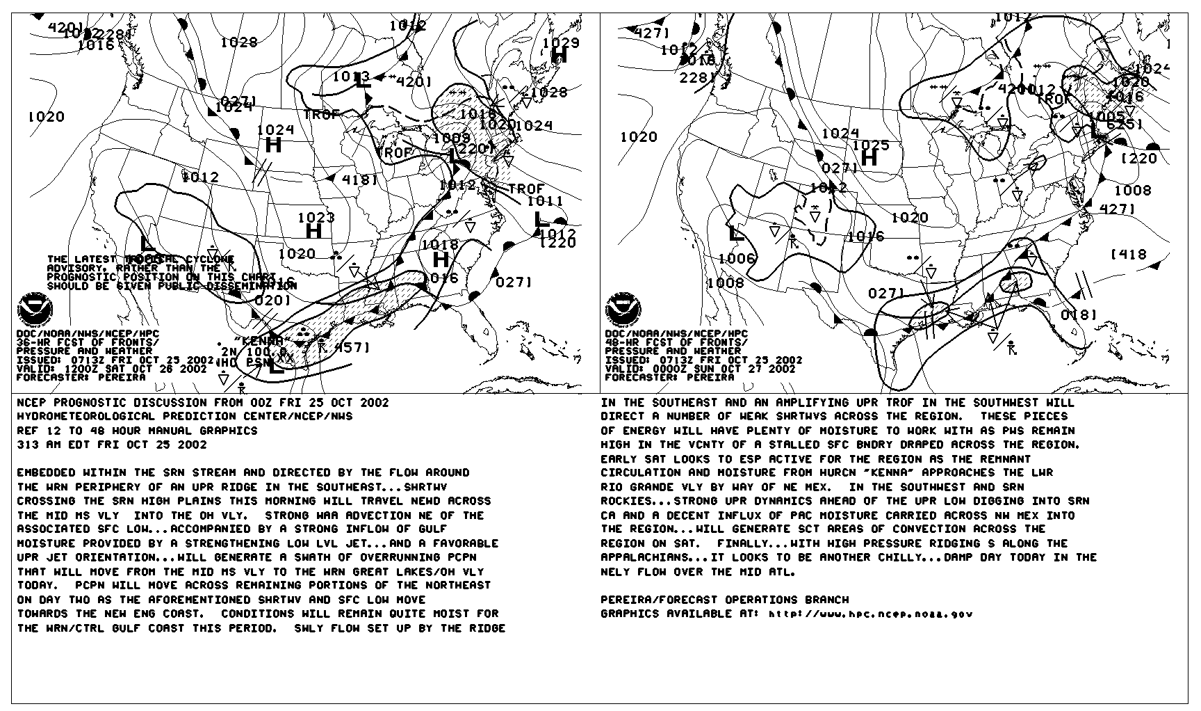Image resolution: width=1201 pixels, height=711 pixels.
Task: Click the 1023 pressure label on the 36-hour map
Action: [316, 218]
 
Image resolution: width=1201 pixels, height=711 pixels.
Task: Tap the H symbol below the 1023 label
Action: [313, 231]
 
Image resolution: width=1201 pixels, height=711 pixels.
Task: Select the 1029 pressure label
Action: [560, 43]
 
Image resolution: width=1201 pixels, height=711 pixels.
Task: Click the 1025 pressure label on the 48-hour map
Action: [870, 145]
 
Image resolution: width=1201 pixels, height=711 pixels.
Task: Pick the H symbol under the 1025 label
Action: [869, 159]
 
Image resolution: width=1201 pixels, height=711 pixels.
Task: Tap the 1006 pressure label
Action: [736, 259]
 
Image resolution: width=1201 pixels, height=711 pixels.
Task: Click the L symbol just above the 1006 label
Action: [733, 233]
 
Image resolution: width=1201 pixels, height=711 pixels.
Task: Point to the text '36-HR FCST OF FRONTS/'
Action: [87, 342]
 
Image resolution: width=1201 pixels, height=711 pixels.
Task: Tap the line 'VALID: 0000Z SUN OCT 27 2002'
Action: [700, 369]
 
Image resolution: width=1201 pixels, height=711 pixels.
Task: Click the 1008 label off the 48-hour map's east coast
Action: [1132, 191]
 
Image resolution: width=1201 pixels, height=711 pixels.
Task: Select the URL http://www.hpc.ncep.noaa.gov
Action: [870, 614]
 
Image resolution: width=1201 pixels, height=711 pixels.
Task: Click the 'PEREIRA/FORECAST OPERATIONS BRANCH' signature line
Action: [724, 600]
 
